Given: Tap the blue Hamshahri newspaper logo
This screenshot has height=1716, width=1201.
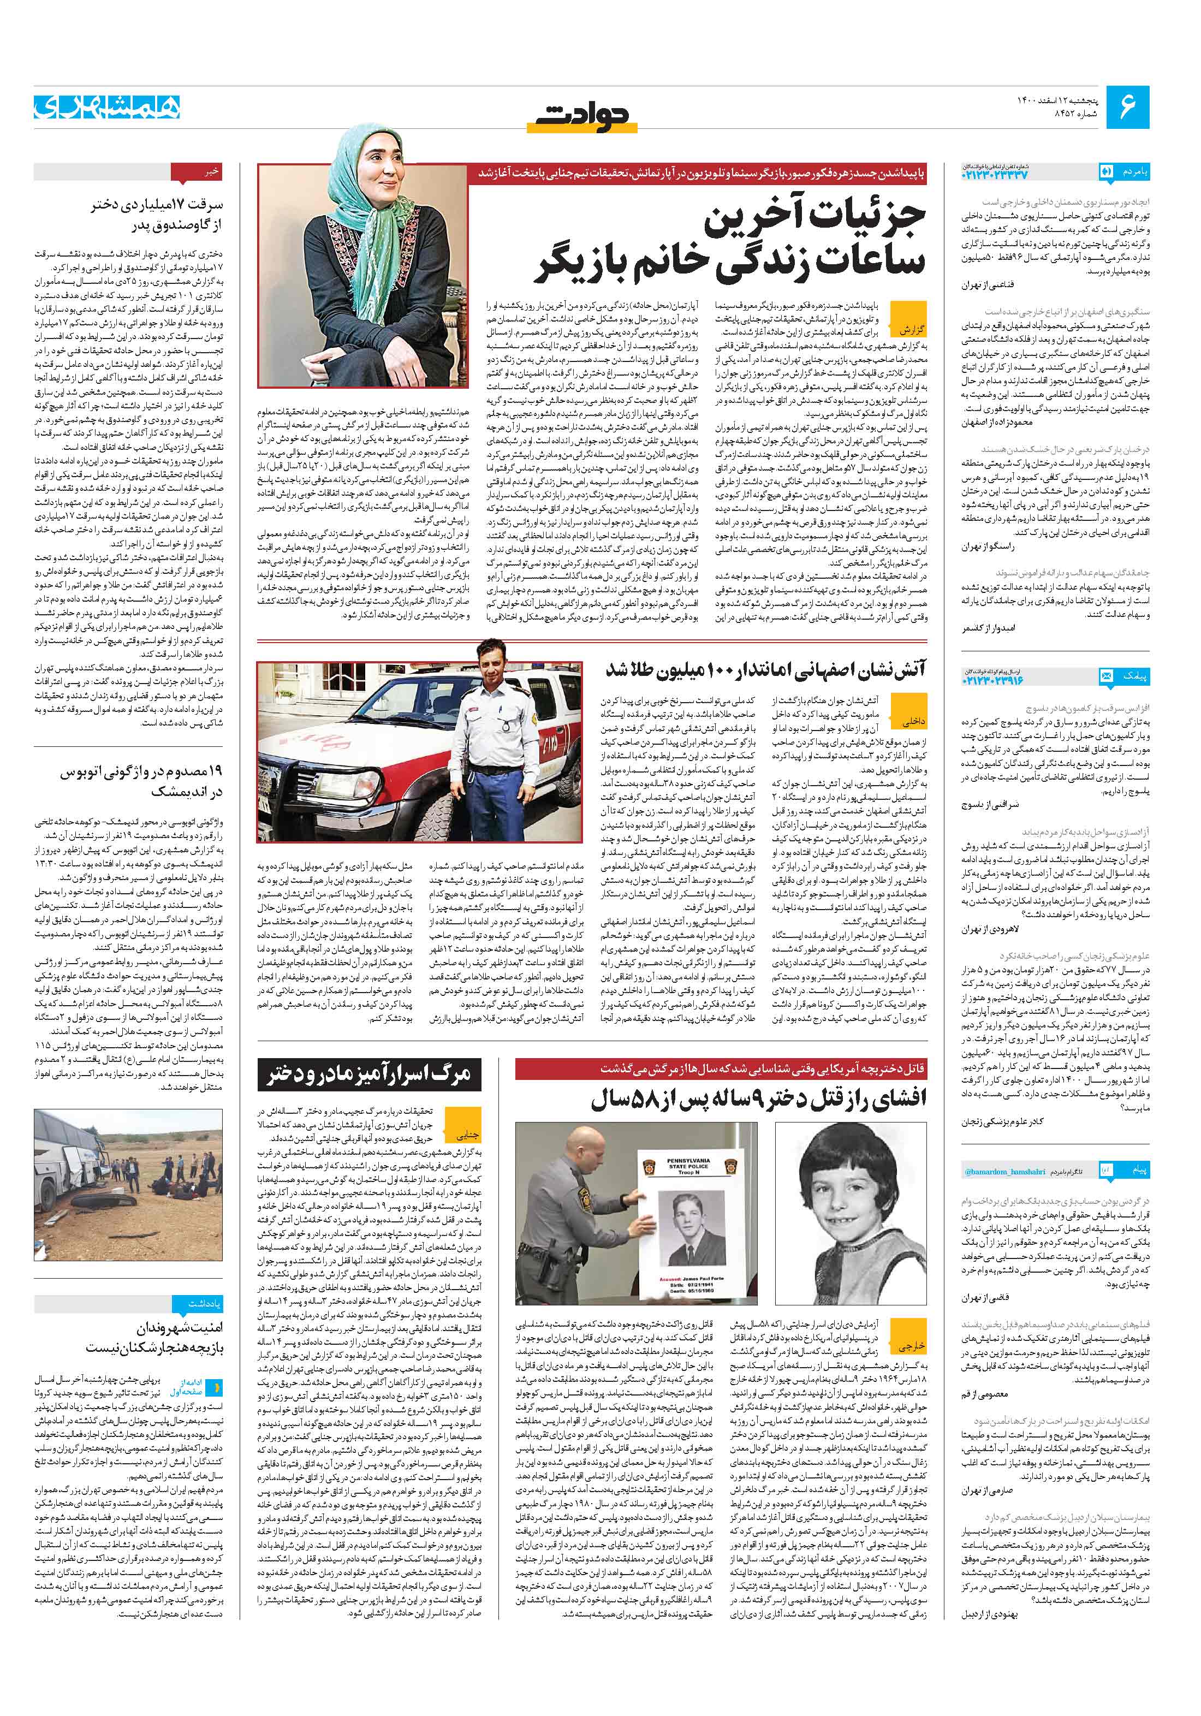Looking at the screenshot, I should coord(106,106).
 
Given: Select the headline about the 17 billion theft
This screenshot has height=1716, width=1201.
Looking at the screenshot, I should coord(157,214).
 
